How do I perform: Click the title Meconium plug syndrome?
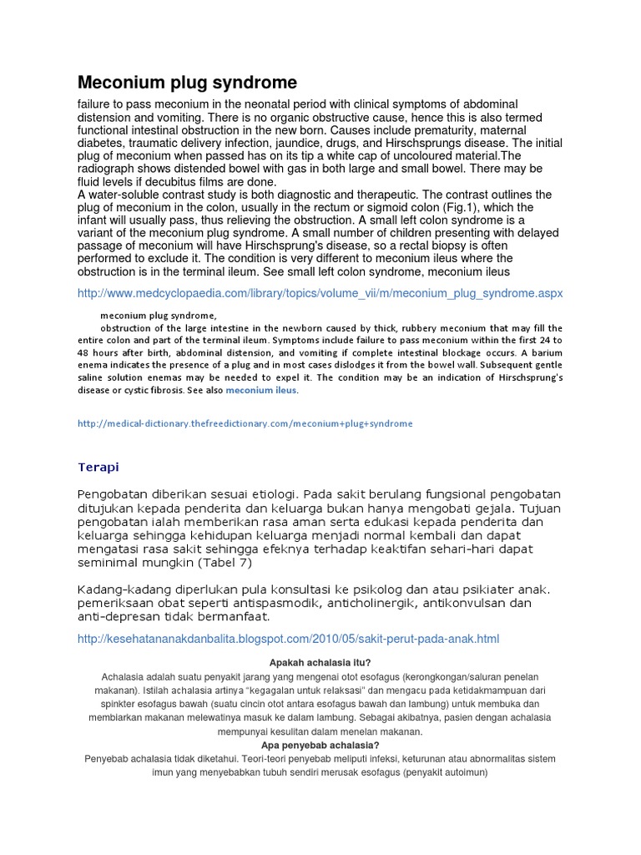tap(187, 83)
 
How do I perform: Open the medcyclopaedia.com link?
tap(320, 293)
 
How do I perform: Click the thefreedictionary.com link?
tap(245, 423)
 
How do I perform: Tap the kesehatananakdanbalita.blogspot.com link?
tap(288, 639)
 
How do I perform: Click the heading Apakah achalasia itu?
tap(320, 662)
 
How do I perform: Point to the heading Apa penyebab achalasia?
tap(320, 745)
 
